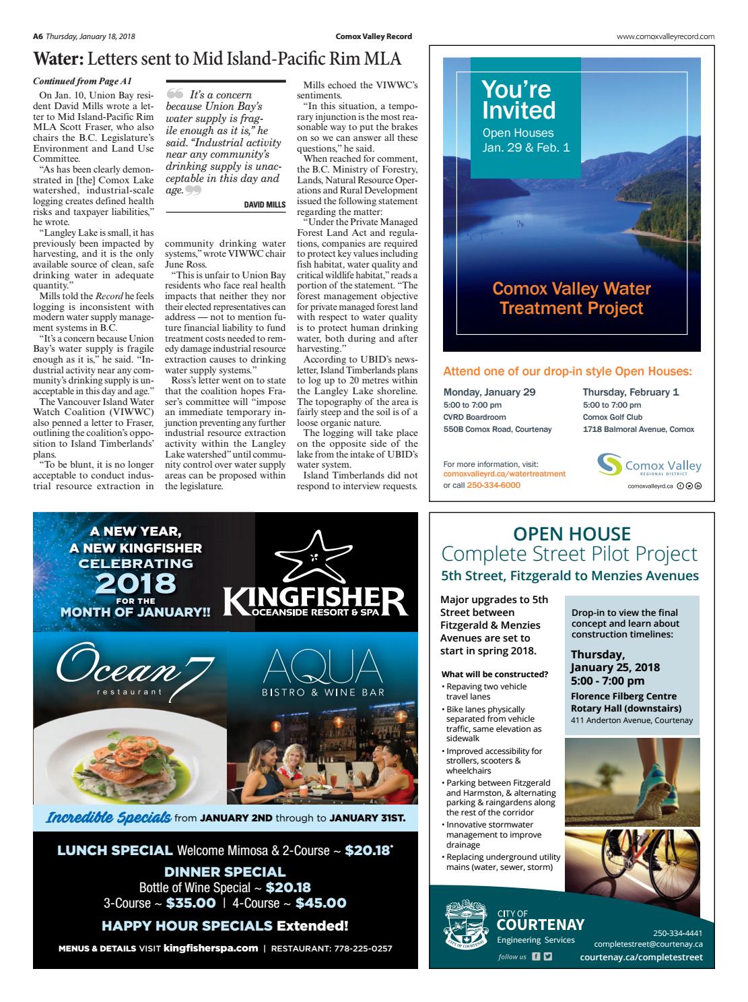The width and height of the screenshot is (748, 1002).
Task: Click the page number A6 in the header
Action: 38,36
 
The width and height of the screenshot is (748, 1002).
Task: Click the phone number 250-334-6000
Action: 494,485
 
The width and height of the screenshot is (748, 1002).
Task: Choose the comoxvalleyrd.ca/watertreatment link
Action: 504,474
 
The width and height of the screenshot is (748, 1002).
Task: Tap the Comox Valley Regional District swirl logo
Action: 609,466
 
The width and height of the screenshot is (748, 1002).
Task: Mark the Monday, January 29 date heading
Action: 489,392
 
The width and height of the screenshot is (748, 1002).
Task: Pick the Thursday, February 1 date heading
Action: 631,392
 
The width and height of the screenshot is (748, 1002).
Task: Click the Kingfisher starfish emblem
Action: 315,557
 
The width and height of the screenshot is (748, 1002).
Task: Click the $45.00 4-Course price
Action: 320,903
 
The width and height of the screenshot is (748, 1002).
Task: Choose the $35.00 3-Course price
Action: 191,903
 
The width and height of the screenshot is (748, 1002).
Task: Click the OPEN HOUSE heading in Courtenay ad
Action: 572,534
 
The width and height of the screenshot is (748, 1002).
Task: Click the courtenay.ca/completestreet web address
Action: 641,957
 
